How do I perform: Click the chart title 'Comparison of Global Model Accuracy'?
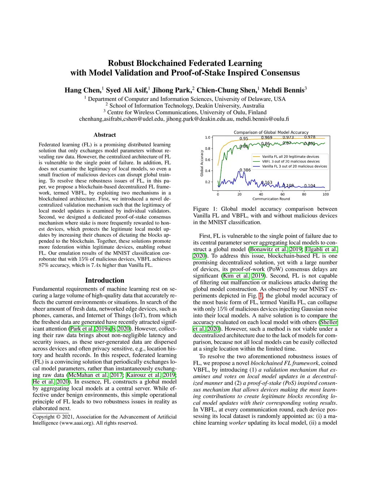click(271, 132)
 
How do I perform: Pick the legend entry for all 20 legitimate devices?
click(291, 157)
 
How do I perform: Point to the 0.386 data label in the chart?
click(245, 170)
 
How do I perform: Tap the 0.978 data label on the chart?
click(310, 137)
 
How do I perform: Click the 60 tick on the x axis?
click(283, 194)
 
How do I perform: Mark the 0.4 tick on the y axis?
click(208, 171)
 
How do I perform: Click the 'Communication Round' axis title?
click(271, 199)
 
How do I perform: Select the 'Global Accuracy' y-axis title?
click(202, 163)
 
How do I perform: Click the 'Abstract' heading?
click(105, 135)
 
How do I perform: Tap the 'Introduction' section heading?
click(105, 280)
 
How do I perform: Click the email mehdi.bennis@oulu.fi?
click(262, 119)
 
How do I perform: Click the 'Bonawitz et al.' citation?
click(268, 249)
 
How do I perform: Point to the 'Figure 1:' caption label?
click(206, 209)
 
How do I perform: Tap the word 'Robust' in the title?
click(121, 63)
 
